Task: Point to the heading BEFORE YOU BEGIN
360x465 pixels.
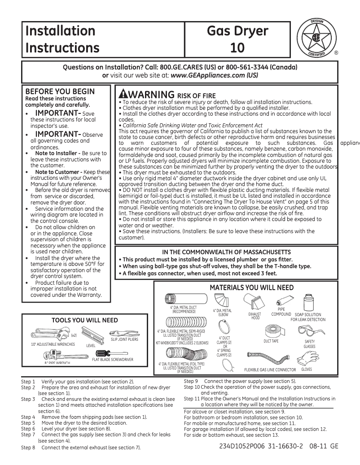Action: pyautogui.click(x=60, y=91)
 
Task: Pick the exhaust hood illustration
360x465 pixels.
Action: pyautogui.click(x=255, y=302)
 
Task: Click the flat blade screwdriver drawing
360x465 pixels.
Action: pyautogui.click(x=110, y=352)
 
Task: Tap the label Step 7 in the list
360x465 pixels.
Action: pyautogui.click(x=28, y=435)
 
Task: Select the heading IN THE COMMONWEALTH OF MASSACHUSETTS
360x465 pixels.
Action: pyautogui.click(x=226, y=252)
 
